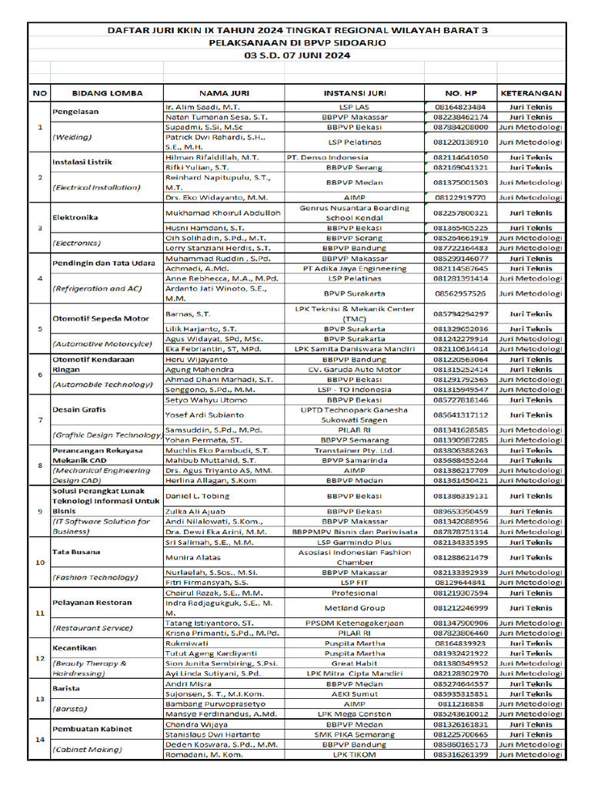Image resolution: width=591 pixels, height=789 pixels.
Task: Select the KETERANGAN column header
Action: coord(531,92)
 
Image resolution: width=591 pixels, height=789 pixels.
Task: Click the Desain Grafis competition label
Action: coord(78,409)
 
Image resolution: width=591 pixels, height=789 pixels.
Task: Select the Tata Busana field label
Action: coord(75,552)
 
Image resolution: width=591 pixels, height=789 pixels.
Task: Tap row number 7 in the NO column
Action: coord(39,419)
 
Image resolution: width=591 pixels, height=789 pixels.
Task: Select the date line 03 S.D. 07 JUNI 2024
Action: coord(297,55)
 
